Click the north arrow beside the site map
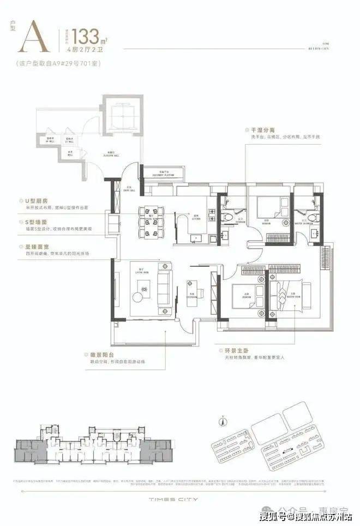point(223,421)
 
